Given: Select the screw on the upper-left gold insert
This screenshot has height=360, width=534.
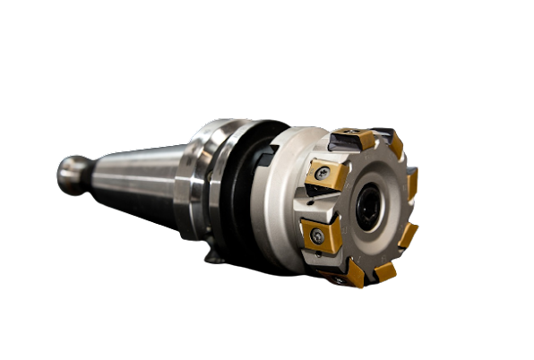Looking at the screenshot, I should (321, 172).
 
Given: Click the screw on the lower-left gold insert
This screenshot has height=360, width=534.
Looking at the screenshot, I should (317, 236).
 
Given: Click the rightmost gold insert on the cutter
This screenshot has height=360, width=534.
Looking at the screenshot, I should (411, 184).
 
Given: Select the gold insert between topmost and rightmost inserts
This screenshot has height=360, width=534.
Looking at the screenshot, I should (394, 147).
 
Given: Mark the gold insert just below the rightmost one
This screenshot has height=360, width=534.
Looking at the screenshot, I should (408, 235).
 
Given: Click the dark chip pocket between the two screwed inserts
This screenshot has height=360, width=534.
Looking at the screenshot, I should (309, 204).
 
